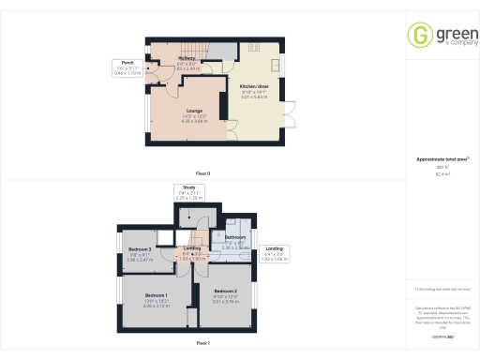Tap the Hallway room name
187,59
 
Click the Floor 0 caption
202,174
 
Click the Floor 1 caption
202,344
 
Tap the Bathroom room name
234,238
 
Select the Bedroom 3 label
141,248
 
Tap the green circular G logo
419,35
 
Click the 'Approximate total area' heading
441,159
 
